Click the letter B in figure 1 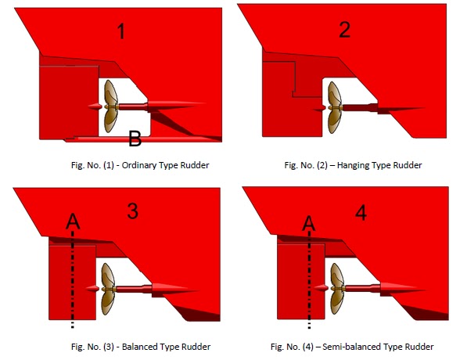point(135,140)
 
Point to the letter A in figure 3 point(73,224)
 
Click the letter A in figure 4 point(309,224)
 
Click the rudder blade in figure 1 point(69,102)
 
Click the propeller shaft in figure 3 point(141,288)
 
